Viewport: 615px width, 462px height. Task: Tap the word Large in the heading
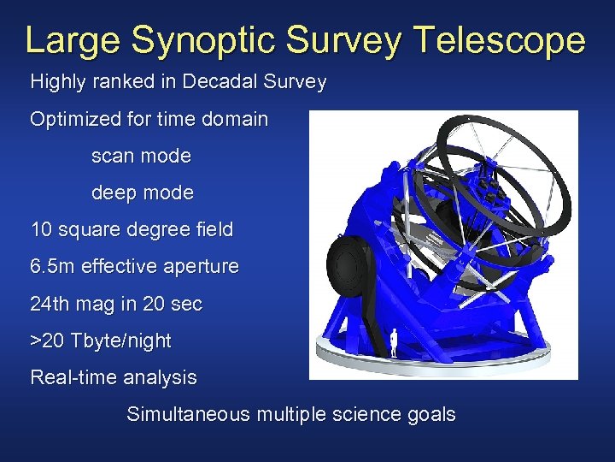pyautogui.click(x=75, y=41)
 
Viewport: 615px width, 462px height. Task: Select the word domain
pyautogui.click(x=234, y=120)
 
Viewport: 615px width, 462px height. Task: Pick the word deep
pyautogui.click(x=114, y=193)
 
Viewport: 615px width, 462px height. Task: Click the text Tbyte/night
pyautogui.click(x=122, y=341)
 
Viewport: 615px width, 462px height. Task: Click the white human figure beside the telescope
pyautogui.click(x=394, y=343)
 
